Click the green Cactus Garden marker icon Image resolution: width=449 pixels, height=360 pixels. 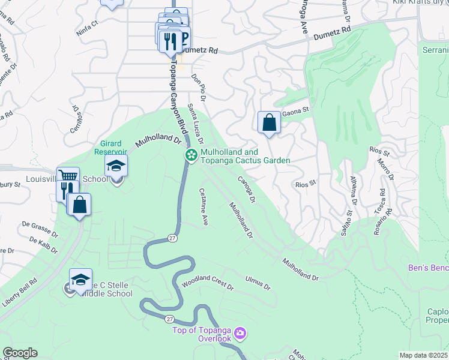click(191, 156)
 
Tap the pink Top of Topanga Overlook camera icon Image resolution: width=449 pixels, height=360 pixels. click(241, 332)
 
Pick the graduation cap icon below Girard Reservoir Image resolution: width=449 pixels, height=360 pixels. click(116, 166)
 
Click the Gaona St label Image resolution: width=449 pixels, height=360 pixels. click(295, 110)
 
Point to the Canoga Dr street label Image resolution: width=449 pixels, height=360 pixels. click(247, 188)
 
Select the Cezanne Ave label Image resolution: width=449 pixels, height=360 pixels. click(203, 207)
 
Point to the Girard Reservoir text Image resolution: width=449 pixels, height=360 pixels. click(110, 148)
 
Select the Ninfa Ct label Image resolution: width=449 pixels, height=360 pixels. click(87, 27)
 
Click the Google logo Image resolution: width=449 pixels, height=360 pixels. click(20, 353)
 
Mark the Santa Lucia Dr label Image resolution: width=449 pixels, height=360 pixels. click(196, 123)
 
